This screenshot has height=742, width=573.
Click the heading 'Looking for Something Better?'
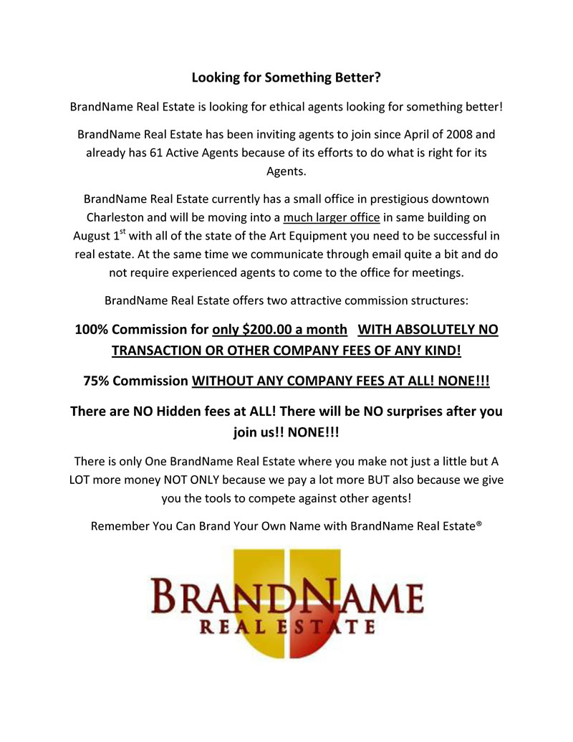(x=286, y=77)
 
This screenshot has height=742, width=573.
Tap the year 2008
(x=455, y=134)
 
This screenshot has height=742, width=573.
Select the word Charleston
(x=117, y=217)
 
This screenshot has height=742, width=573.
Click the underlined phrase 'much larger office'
(x=331, y=217)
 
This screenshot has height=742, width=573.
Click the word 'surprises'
(x=415, y=412)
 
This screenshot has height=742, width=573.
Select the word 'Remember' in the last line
(x=120, y=525)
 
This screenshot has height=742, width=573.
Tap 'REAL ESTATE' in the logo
(x=286, y=627)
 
